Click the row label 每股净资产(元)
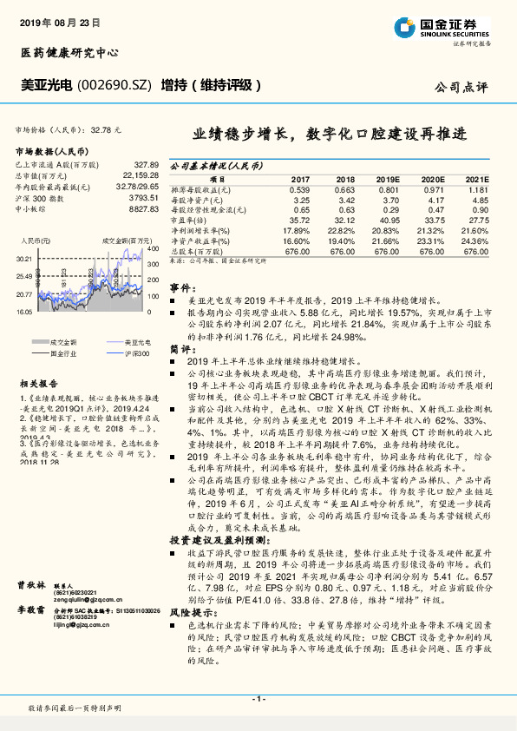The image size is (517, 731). click(x=197, y=200)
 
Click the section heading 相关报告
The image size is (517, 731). click(x=39, y=382)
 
